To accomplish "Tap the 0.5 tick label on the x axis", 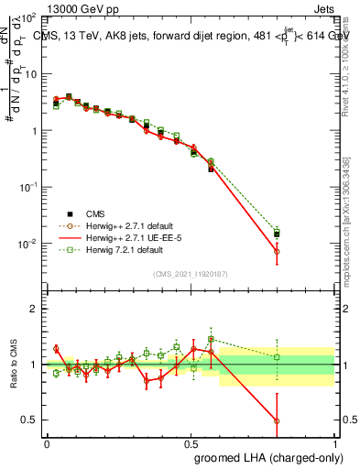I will (x=191, y=442).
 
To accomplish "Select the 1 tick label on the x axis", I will (x=333, y=442).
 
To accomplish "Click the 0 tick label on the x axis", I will (x=47, y=442).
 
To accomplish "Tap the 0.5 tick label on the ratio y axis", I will (x=30, y=420).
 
